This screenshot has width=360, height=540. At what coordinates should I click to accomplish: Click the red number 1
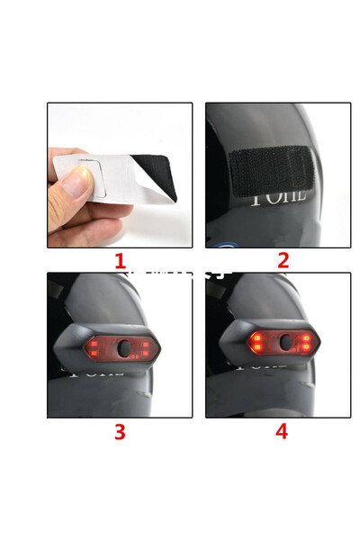tap(120, 261)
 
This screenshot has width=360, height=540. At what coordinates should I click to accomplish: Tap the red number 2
tap(283, 261)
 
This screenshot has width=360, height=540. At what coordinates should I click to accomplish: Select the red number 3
tap(120, 431)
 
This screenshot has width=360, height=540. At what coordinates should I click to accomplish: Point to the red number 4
tap(282, 431)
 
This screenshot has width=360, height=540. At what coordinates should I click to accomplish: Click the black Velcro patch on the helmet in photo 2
tap(269, 167)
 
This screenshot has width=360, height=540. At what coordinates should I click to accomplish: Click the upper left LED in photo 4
tap(256, 338)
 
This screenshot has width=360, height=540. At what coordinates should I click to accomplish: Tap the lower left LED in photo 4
tap(256, 348)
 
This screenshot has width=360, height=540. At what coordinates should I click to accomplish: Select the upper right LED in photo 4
tap(306, 338)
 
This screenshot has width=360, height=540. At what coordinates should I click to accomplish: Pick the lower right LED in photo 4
tap(306, 349)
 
